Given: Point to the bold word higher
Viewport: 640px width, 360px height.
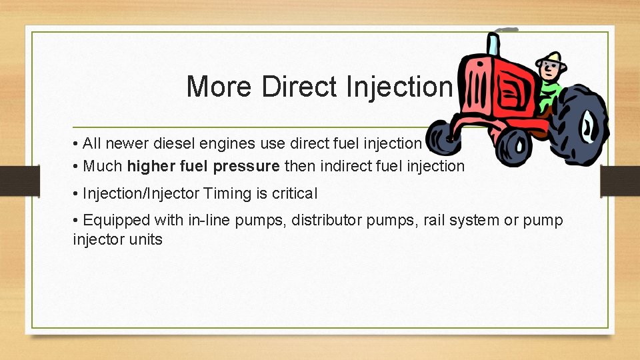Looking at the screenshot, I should pos(151,166).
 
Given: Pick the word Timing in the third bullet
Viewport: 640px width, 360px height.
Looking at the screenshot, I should pos(227,193).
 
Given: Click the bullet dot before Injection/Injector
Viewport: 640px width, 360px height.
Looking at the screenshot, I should pos(77,194).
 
